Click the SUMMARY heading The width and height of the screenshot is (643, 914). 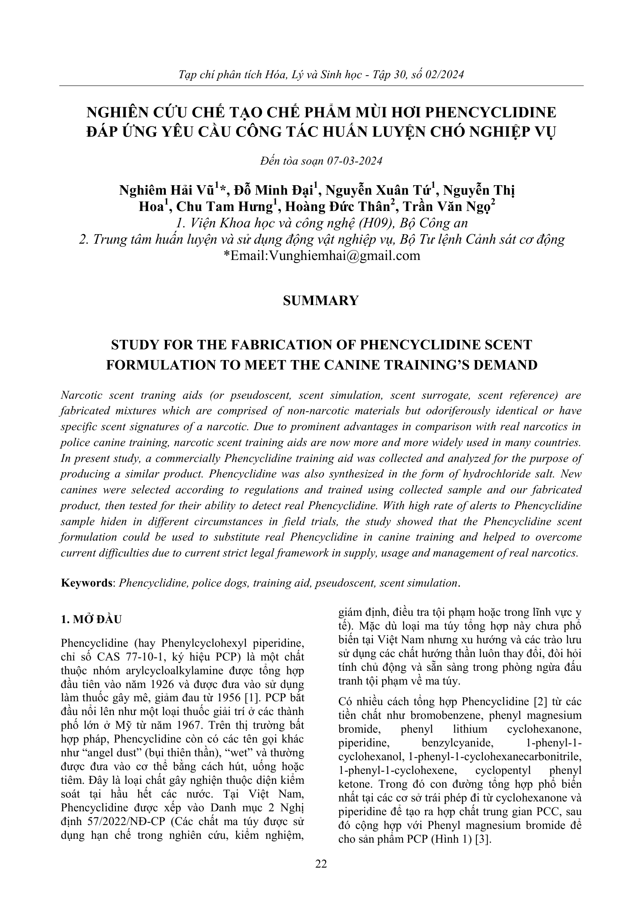click(321, 300)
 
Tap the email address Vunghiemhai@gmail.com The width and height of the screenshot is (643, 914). click(343, 256)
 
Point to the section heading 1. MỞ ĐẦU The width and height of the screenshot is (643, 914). click(91, 620)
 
